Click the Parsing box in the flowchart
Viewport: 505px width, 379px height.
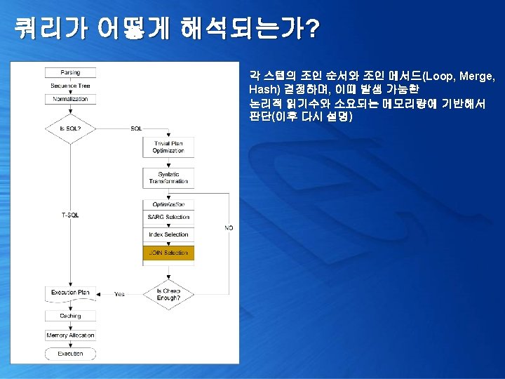pyautogui.click(x=70, y=72)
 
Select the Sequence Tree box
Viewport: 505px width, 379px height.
pyautogui.click(x=70, y=86)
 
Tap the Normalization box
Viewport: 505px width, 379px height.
pyautogui.click(x=70, y=99)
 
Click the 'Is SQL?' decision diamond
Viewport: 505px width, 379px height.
pyautogui.click(x=70, y=128)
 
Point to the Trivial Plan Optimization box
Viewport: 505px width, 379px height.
pyautogui.click(x=168, y=147)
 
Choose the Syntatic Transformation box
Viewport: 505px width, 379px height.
pyautogui.click(x=168, y=178)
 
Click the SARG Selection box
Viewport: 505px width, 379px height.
pyautogui.click(x=168, y=217)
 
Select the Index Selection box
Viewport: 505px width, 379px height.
pyautogui.click(x=168, y=234)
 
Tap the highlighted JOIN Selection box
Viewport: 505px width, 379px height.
pyautogui.click(x=168, y=253)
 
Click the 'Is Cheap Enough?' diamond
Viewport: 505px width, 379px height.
pyautogui.click(x=168, y=294)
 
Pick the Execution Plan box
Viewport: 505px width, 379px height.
pyautogui.click(x=70, y=292)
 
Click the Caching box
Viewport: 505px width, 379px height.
pyautogui.click(x=70, y=316)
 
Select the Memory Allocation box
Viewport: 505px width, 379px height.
pyautogui.click(x=70, y=335)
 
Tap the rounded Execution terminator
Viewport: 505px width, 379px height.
pyautogui.click(x=70, y=354)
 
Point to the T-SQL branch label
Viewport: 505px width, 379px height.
pyautogui.click(x=70, y=215)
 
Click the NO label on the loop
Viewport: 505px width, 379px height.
pyautogui.click(x=229, y=228)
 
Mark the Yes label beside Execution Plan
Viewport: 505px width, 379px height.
pyautogui.click(x=119, y=294)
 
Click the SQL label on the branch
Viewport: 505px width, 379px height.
pyautogui.click(x=136, y=128)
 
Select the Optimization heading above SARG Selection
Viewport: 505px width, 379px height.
pyautogui.click(x=168, y=204)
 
